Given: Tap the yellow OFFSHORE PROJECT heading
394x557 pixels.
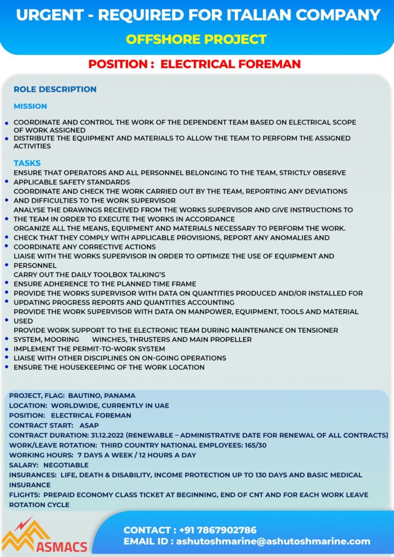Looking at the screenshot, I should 196,39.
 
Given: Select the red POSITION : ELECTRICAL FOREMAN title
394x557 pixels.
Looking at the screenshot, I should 194,64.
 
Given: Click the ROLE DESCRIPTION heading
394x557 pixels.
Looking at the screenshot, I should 55,89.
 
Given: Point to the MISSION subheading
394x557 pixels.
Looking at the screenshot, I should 30,106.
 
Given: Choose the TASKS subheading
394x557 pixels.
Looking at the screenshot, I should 27,163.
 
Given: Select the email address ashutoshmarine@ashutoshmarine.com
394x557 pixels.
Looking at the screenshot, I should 273,541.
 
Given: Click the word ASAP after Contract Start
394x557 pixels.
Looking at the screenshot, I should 89,425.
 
